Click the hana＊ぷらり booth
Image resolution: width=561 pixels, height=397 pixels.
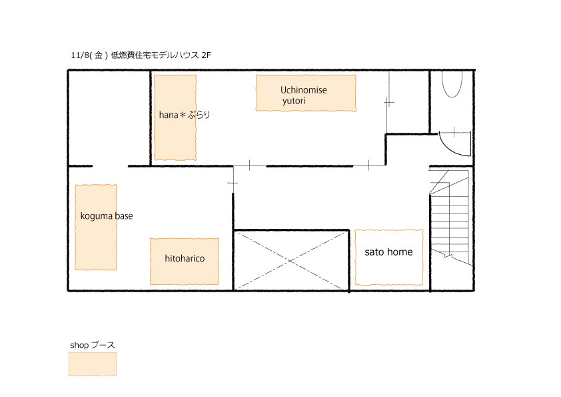(175, 117)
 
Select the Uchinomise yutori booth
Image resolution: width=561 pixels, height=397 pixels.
(306, 93)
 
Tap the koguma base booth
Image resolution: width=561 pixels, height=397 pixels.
(96, 227)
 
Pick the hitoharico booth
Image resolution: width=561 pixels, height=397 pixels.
(185, 261)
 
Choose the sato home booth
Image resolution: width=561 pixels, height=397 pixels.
(389, 258)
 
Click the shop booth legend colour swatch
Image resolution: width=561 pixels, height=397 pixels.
(93, 364)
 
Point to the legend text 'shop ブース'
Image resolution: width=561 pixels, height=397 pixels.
(93, 345)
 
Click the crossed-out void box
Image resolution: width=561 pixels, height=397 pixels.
(291, 260)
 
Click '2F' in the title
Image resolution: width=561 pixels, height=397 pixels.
(207, 55)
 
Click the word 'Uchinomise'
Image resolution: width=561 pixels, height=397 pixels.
(303, 89)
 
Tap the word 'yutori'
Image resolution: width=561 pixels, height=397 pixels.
(294, 101)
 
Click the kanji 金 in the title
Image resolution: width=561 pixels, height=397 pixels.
(99, 55)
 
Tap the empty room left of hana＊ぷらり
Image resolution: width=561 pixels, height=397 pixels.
(109, 118)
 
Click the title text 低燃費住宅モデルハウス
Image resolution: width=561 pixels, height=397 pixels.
(155, 55)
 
